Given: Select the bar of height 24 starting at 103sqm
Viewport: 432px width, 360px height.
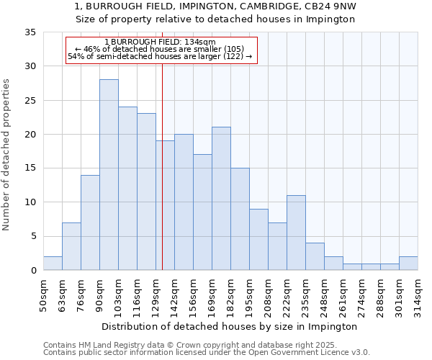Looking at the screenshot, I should pyautogui.click(x=127, y=189).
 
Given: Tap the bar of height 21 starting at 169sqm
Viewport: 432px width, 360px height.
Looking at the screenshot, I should pyautogui.click(x=221, y=199).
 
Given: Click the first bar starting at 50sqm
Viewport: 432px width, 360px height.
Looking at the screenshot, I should pyautogui.click(x=53, y=264).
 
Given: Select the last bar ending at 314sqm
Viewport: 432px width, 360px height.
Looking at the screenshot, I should pyautogui.click(x=408, y=264).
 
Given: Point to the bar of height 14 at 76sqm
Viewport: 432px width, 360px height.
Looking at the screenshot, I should pyautogui.click(x=90, y=222).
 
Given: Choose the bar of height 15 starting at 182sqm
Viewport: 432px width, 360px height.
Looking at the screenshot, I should pyautogui.click(x=240, y=219).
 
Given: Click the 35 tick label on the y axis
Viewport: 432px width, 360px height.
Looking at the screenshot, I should pyautogui.click(x=30, y=32).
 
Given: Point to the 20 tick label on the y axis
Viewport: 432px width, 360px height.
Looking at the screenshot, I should pyautogui.click(x=30, y=135).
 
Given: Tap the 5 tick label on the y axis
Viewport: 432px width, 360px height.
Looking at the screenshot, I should pyautogui.click(x=33, y=236).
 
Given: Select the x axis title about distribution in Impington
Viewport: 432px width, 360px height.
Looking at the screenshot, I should pyautogui.click(x=230, y=326).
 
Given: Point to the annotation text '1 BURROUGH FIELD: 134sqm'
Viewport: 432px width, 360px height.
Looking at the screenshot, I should pyautogui.click(x=160, y=42).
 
